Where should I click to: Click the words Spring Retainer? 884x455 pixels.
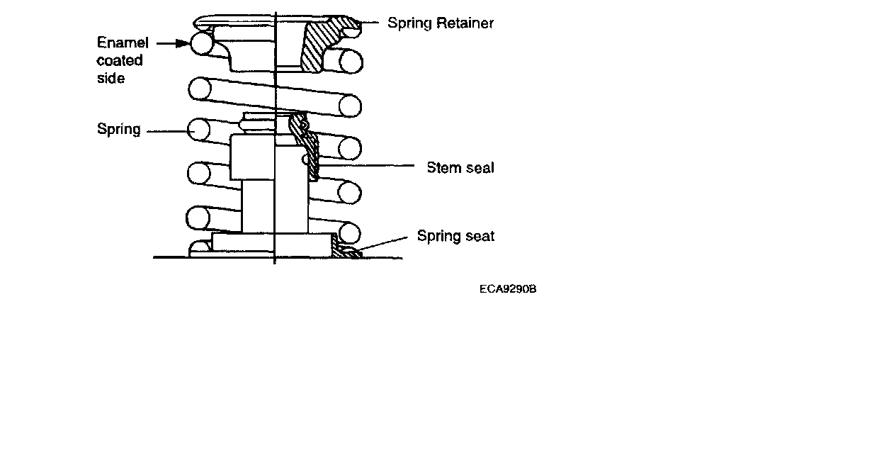point(440,23)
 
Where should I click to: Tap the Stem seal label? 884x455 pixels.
point(460,168)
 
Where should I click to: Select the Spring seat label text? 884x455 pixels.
point(455,236)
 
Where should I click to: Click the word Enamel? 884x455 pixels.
point(123,43)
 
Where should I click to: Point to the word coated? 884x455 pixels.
point(120,60)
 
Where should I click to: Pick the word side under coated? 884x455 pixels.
point(110,78)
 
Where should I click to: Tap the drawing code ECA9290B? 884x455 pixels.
point(507,289)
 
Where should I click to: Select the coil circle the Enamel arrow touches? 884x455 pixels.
point(202,44)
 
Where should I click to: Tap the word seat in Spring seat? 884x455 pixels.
point(479,236)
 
